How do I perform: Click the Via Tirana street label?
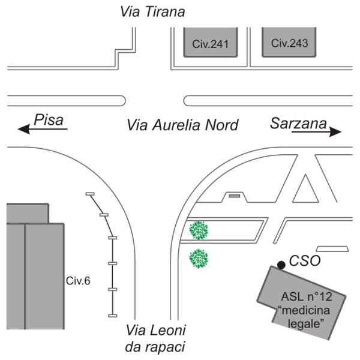pyautogui.click(x=152, y=11)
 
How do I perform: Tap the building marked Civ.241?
pyautogui.click(x=211, y=42)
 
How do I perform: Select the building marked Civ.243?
pyautogui.click(x=289, y=42)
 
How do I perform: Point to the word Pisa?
pyautogui.click(x=49, y=120)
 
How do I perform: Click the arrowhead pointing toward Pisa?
pyautogui.click(x=23, y=129)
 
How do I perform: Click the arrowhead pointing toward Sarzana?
pyautogui.click(x=335, y=132)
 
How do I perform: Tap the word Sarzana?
pyautogui.click(x=298, y=123)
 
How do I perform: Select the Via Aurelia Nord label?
pyautogui.click(x=183, y=125)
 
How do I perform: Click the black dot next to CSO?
pyautogui.click(x=281, y=265)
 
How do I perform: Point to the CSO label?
pyautogui.click(x=305, y=261)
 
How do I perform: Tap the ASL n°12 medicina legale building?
pyautogui.click(x=301, y=303)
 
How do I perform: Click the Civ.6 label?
pyautogui.click(x=78, y=281)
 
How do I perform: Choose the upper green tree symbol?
pyautogui.click(x=199, y=230)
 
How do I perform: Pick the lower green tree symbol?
pyautogui.click(x=199, y=259)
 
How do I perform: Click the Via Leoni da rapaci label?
pyautogui.click(x=155, y=338)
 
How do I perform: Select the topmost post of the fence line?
pyautogui.click(x=90, y=194)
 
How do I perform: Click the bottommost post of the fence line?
pyautogui.click(x=113, y=316)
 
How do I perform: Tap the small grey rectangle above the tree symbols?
pyautogui.click(x=235, y=196)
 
